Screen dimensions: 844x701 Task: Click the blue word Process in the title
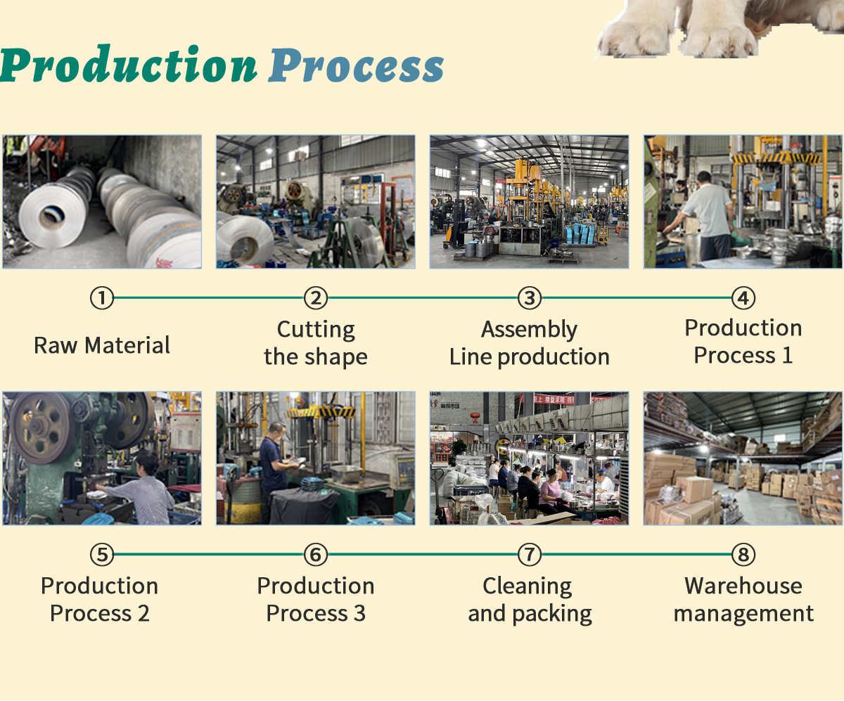tap(356, 67)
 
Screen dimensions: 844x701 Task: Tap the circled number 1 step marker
tap(102, 299)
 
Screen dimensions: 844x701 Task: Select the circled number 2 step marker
tap(316, 299)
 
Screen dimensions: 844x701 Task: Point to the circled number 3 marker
tap(530, 299)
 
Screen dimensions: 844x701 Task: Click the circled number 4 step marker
tap(743, 299)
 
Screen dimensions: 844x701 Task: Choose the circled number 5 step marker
tap(102, 555)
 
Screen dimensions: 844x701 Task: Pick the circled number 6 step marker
tap(316, 555)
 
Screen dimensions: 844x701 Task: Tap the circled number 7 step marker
tap(530, 555)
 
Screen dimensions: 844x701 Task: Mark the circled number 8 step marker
tap(743, 555)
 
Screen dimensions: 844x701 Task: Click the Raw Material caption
tap(102, 345)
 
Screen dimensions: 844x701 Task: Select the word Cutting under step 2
tap(316, 330)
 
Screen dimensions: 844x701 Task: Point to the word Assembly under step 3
tap(530, 329)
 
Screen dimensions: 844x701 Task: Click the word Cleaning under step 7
tap(527, 586)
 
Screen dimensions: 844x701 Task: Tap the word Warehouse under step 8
tap(743, 586)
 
